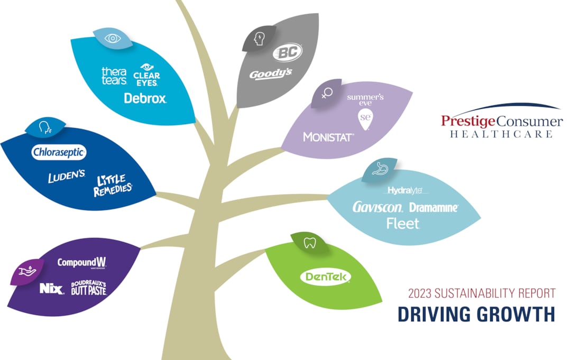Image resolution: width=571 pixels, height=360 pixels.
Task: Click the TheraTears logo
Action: coord(114,76)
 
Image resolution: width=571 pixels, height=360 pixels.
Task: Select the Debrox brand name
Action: coord(145,98)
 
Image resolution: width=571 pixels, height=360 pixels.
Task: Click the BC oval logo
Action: coord(287,53)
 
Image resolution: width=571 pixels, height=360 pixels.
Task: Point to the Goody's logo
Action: coord(271,74)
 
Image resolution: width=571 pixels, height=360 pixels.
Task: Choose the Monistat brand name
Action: coord(328,137)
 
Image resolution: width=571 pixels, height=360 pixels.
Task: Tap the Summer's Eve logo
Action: coord(365,108)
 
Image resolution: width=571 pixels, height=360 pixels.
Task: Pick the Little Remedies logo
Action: coord(113,186)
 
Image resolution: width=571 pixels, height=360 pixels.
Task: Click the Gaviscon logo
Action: coord(378,207)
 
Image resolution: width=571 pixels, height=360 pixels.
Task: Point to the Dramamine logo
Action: coord(434,207)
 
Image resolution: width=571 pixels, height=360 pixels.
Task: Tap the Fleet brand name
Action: coord(403,224)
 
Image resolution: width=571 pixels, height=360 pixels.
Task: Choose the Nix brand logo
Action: coord(51,288)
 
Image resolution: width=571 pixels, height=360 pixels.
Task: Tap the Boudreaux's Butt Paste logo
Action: coord(88,288)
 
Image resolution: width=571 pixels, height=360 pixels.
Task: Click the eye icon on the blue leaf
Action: coord(112,38)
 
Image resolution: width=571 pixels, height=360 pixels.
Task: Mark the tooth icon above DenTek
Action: coord(310,243)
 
